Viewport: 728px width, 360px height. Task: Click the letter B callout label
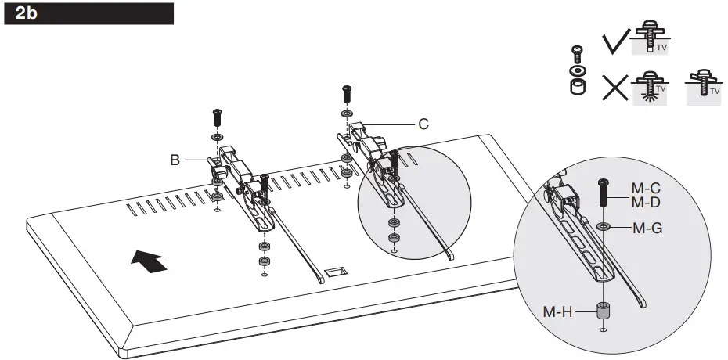176,160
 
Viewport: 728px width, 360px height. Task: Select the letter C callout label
423,123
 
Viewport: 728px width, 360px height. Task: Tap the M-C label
645,189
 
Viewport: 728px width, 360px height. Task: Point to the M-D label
645,203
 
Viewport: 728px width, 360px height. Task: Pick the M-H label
558,311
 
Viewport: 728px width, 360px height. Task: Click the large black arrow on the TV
149,260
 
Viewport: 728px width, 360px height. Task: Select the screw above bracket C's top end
345,95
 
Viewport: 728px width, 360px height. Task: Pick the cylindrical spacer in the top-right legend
577,86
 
